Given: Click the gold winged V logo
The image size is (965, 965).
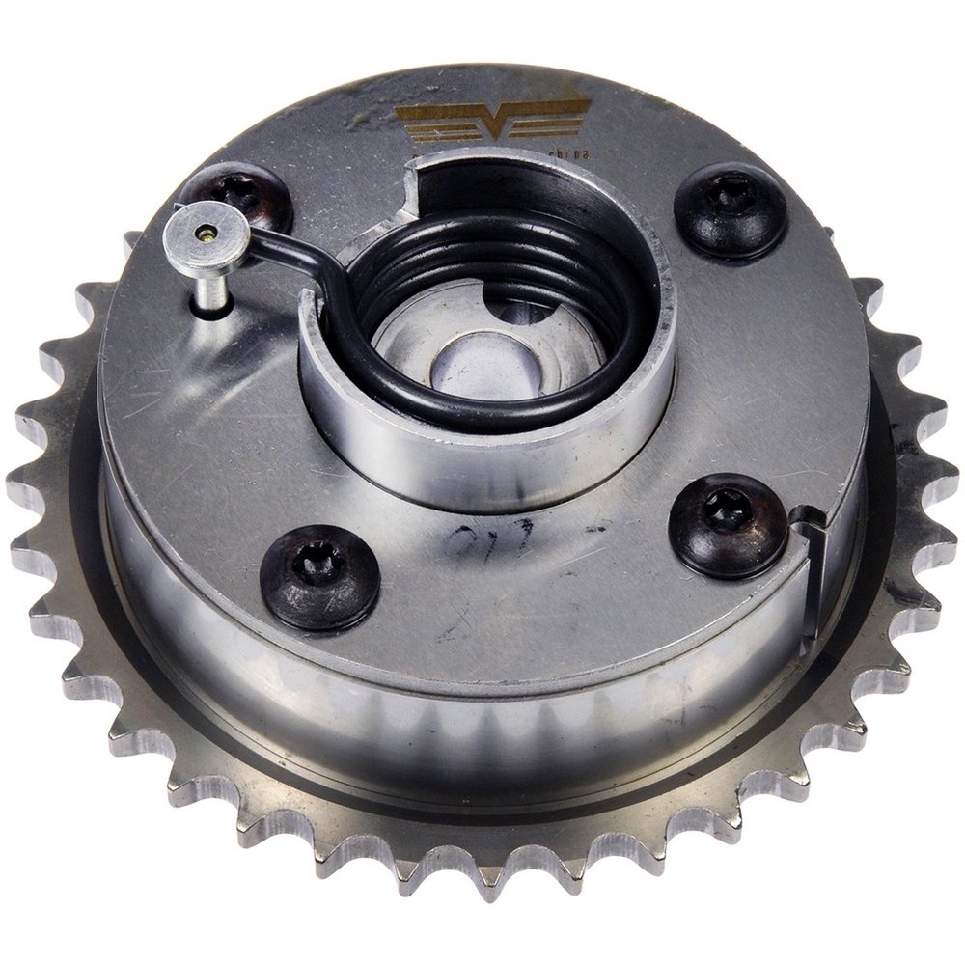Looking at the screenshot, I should click(492, 121).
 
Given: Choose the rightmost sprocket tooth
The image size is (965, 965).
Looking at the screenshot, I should click(944, 473).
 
